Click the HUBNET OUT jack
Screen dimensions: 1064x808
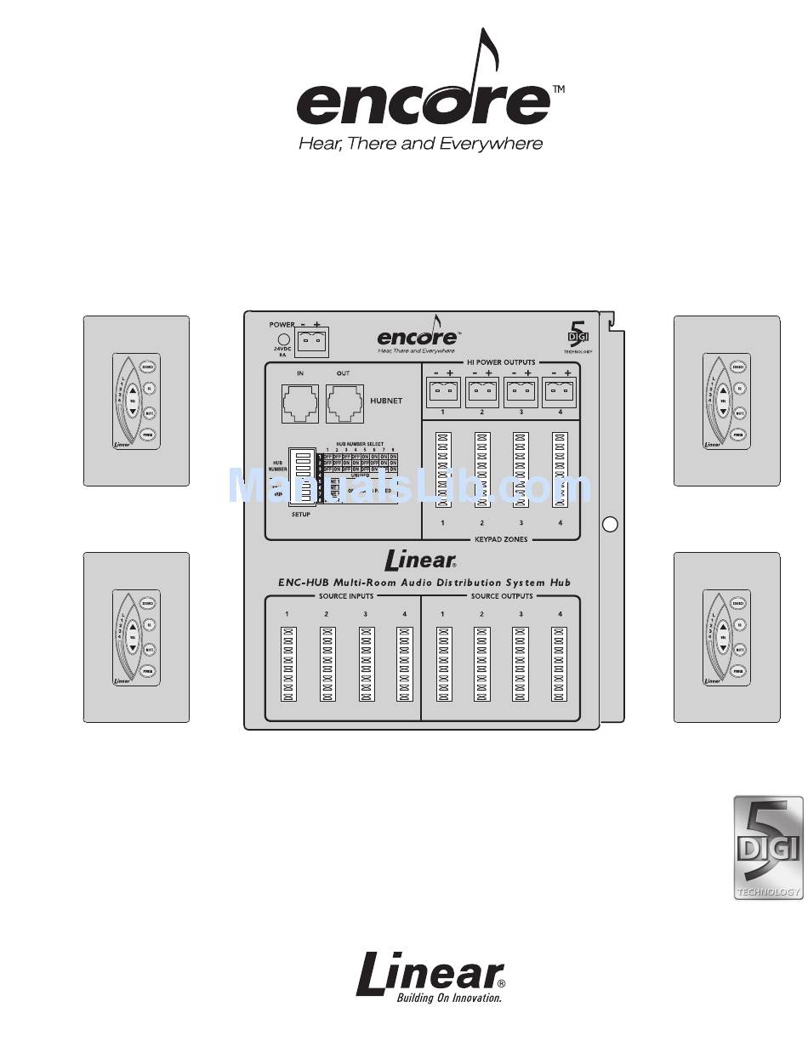pos(345,401)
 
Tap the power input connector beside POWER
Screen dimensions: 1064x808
pos(312,342)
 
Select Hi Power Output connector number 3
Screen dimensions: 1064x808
pos(521,393)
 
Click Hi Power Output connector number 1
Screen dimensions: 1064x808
pos(442,393)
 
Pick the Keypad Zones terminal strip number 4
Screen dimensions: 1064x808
pos(560,469)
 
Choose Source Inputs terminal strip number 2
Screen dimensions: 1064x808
pos(327,663)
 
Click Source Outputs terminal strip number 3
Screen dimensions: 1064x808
pos(521,663)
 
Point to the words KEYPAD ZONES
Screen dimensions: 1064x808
pos(501,539)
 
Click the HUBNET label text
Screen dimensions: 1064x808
pos(386,400)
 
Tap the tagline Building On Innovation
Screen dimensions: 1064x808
pos(449,998)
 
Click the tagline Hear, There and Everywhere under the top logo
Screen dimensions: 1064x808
pos(420,144)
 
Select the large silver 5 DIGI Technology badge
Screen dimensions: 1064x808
pos(768,848)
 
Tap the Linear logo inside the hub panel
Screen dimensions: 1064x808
pos(420,560)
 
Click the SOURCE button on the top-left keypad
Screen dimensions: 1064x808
pos(147,367)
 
